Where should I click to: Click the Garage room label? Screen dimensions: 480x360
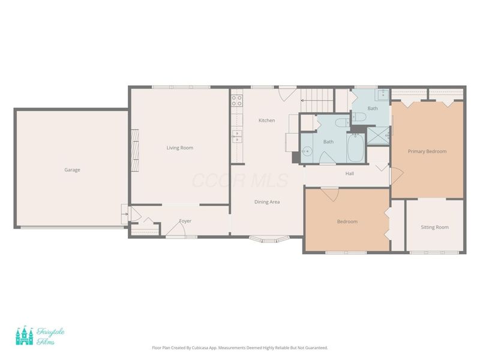pos(72,170)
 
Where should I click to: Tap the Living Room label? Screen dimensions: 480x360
pos(179,148)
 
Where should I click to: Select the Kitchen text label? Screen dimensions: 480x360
pos(266,121)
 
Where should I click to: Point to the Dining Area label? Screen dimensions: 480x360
pos(267,202)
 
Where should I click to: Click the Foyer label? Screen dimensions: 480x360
pos(185,221)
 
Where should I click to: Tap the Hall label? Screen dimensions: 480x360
pos(350,173)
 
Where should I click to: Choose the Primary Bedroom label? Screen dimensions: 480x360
pos(427,151)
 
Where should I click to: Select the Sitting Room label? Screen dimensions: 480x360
pos(434,227)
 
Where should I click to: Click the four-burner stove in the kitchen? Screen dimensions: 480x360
pos(237,101)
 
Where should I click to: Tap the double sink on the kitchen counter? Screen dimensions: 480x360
pos(237,137)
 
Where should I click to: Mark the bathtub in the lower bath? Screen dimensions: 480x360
pos(356,148)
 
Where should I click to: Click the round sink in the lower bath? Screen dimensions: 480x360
pos(307,151)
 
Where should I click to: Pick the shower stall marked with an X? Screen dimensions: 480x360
pos(378,136)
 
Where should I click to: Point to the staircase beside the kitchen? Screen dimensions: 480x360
pos(317,100)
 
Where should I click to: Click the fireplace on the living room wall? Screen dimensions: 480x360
pos(135,151)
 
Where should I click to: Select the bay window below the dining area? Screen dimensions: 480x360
pos(269,239)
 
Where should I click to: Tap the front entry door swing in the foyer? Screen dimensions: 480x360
pos(176,229)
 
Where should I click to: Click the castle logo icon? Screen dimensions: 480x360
pos(25,335)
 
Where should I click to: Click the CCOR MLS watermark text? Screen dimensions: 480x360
pos(240,181)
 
